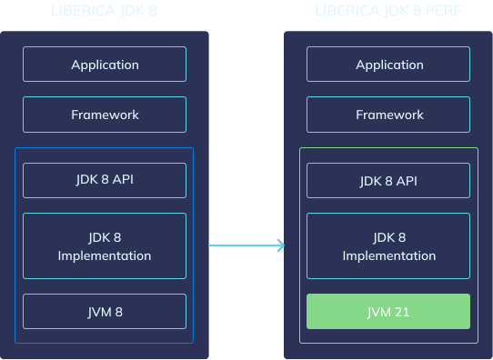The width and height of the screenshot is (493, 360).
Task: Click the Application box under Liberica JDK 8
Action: point(105,65)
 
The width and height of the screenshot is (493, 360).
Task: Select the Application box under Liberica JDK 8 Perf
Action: point(389,65)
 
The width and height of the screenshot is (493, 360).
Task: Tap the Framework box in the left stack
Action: point(105,115)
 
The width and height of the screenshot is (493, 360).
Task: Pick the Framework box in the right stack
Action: point(389,115)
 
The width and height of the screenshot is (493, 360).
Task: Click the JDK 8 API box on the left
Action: point(105,180)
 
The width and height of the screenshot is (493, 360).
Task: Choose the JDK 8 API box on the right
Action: point(389,180)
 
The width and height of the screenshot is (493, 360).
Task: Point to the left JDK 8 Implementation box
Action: point(105,246)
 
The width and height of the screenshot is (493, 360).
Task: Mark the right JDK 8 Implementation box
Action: point(389,246)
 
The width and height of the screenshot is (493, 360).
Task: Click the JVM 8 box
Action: point(105,312)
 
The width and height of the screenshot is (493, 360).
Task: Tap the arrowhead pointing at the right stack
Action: point(280,245)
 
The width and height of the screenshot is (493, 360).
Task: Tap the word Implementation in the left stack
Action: point(105,255)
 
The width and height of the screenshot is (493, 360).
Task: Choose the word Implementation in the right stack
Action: point(389,255)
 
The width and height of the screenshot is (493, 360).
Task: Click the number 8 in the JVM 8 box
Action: point(118,312)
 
